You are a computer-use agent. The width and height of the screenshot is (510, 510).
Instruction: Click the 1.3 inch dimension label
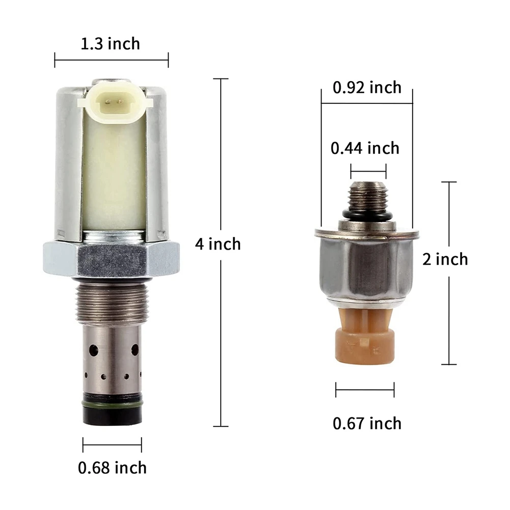tap(110, 44)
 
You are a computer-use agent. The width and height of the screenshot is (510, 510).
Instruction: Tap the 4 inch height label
tap(218, 244)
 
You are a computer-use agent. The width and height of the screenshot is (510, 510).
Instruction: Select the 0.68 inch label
tap(112, 468)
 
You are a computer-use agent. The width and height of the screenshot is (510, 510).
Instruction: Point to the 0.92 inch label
tap(367, 88)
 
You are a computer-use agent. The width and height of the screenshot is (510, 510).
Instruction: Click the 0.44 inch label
tap(365, 148)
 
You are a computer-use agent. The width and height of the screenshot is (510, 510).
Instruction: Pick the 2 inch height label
tap(445, 259)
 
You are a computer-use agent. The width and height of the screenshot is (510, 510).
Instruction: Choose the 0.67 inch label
tap(367, 423)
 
